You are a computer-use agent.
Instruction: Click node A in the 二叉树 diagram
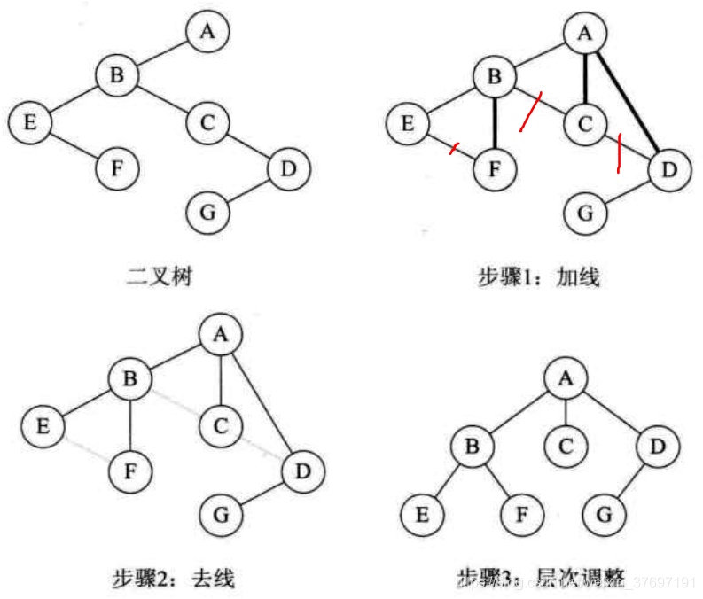(207, 32)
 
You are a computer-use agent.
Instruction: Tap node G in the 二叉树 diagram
(207, 213)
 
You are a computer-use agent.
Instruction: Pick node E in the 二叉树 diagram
(30, 121)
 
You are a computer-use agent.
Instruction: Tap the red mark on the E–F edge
(455, 148)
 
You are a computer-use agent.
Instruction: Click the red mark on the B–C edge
(532, 113)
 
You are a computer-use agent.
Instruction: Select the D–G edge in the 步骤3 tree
(630, 480)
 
